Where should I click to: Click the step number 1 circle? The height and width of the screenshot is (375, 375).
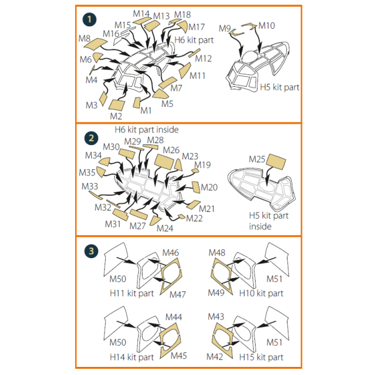click(x=89, y=19)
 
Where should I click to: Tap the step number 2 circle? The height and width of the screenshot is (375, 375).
click(x=91, y=138)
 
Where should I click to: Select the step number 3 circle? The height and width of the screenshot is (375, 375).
click(x=91, y=251)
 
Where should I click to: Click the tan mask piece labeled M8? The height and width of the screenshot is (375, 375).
click(x=96, y=44)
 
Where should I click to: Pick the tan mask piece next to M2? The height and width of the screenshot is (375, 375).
click(x=117, y=105)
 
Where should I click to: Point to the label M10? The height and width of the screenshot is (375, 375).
click(x=267, y=26)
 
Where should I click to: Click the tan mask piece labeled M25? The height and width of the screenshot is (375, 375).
click(x=276, y=162)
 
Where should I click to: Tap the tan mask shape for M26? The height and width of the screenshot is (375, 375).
click(x=164, y=162)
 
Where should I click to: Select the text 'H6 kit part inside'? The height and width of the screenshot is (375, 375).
click(x=147, y=129)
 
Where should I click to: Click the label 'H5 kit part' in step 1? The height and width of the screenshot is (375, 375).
click(x=279, y=87)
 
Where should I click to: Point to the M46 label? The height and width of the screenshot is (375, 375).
click(x=171, y=252)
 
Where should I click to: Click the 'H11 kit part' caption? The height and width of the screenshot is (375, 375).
click(x=132, y=293)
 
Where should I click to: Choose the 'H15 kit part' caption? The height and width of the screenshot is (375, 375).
click(x=261, y=357)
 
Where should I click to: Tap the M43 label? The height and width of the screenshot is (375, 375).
click(x=216, y=317)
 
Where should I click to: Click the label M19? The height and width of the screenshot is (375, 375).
click(x=202, y=165)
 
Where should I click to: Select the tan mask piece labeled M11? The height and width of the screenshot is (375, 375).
click(x=185, y=71)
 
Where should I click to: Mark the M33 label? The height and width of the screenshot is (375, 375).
click(x=89, y=186)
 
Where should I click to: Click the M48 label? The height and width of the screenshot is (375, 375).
click(x=217, y=252)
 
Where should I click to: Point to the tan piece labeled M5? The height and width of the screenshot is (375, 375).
click(x=161, y=94)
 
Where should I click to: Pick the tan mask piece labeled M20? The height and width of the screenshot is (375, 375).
click(x=196, y=187)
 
